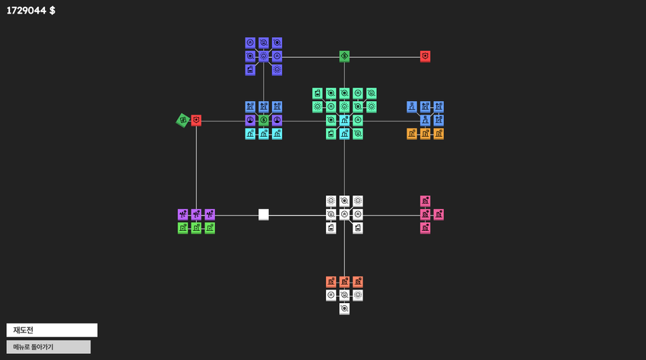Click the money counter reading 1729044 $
click(x=31, y=11)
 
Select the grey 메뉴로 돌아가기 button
click(x=49, y=347)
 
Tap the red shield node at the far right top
click(x=425, y=56)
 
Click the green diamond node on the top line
click(x=344, y=56)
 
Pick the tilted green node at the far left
click(x=183, y=120)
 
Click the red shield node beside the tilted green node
click(x=196, y=120)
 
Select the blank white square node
click(x=264, y=215)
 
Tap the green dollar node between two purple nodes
click(x=264, y=120)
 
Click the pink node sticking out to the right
click(x=439, y=215)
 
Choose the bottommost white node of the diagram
click(x=344, y=309)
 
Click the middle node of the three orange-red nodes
click(x=344, y=282)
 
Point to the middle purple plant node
click(x=196, y=215)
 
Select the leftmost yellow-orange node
click(x=412, y=134)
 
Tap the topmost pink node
click(x=425, y=201)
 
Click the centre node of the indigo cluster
click(x=264, y=56)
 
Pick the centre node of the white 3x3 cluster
click(x=344, y=215)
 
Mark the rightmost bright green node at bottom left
click(x=210, y=228)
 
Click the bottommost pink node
click(x=425, y=228)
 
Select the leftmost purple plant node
click(x=183, y=215)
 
